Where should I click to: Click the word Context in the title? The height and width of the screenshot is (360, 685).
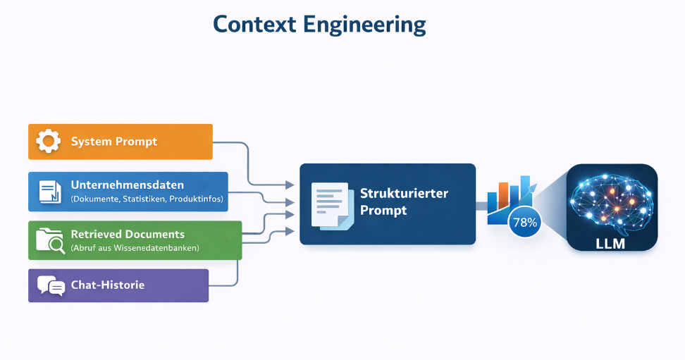[x=254, y=25]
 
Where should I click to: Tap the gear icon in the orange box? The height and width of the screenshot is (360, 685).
[x=49, y=141]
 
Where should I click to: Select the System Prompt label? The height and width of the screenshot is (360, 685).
[x=114, y=142]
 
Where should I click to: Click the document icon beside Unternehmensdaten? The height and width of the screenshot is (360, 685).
[x=50, y=192]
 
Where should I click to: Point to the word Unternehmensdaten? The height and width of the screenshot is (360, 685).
[x=128, y=185]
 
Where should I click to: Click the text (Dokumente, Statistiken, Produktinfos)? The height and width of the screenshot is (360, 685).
[x=147, y=199]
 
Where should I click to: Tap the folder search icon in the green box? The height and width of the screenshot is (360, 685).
[x=50, y=240]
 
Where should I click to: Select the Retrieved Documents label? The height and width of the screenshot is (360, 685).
[x=128, y=234]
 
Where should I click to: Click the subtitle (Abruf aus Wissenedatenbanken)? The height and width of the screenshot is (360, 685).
[x=135, y=248]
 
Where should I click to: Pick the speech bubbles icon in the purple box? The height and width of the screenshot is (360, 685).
[x=51, y=286]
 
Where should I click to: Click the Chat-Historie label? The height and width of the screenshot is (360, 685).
[x=108, y=285]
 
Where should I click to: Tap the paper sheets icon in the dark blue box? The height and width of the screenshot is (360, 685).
[x=333, y=206]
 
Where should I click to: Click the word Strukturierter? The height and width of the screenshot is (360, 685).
[x=404, y=193]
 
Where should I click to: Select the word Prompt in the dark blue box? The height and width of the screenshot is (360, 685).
[x=383, y=211]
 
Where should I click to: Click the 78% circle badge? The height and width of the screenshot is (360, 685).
[x=524, y=223]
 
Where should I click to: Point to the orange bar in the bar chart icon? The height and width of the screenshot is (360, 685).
[x=504, y=195]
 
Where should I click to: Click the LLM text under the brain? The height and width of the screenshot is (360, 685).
[x=610, y=243]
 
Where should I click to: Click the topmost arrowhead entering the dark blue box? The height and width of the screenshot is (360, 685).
[x=290, y=185]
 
